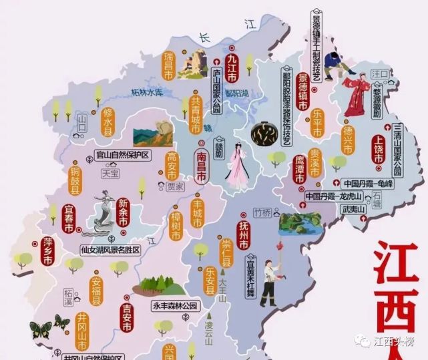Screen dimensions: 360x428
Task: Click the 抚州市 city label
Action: (244, 236)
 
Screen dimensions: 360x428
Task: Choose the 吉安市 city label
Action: (127, 317)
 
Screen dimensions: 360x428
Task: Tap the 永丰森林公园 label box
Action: (176, 306)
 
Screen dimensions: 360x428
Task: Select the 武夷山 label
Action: (353, 210)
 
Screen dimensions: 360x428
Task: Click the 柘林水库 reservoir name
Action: (147, 93)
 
